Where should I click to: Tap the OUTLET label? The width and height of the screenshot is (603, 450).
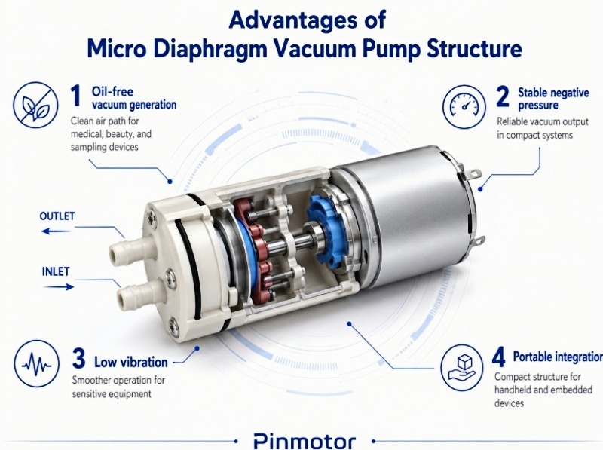pos(57,216)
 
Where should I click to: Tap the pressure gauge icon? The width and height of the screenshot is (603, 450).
pos(462,106)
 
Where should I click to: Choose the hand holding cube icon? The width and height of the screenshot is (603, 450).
pos(462,365)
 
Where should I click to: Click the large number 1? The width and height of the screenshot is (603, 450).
pos(75,96)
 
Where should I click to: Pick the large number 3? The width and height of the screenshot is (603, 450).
pos(78,357)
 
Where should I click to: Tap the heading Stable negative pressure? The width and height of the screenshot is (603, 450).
pos(554,99)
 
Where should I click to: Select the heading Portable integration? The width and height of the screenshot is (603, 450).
pos(557,357)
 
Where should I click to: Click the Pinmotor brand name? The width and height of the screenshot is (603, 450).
pos(305,439)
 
